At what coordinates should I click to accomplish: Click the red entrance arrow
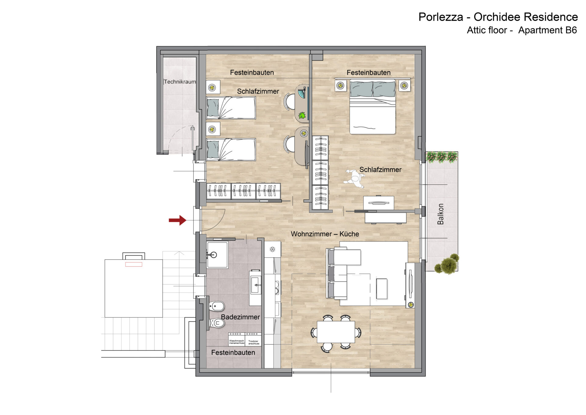click(178, 220)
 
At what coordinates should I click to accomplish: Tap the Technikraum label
click(180, 82)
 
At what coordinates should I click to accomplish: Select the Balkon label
click(440, 214)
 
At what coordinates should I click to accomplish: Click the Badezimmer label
click(241, 317)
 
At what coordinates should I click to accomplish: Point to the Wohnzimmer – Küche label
click(325, 234)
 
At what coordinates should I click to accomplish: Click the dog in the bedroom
click(354, 179)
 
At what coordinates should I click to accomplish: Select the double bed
click(372, 107)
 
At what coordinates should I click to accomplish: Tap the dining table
click(336, 332)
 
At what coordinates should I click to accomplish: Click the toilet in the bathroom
click(217, 323)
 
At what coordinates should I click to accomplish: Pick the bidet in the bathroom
click(217, 306)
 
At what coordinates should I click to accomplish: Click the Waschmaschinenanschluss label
click(237, 342)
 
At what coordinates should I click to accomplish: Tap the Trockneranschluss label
click(254, 342)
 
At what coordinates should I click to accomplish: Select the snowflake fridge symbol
click(272, 249)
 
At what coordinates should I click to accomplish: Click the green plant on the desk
click(302, 115)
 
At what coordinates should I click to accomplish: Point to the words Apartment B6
click(548, 30)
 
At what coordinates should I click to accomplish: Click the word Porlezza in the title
click(441, 17)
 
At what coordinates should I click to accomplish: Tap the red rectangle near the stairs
click(134, 264)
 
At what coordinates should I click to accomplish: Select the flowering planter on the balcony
click(442, 157)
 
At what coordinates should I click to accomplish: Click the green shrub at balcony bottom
click(447, 264)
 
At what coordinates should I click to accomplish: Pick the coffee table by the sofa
click(382, 289)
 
